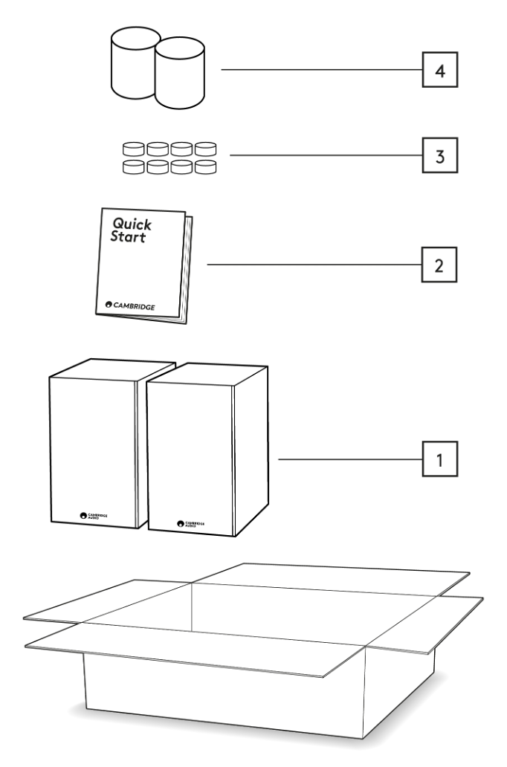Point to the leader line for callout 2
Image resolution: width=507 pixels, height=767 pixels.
pos(312,265)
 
